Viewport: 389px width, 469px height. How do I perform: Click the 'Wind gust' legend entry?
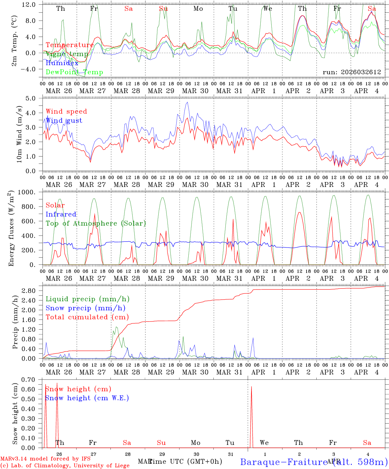pyautogui.click(x=64, y=121)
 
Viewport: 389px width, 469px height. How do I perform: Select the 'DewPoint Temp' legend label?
pyautogui.click(x=74, y=72)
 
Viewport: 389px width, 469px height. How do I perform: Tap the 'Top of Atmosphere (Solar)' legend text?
pyautogui.click(x=96, y=223)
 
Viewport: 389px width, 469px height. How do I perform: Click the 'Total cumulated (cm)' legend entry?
pyautogui.click(x=87, y=317)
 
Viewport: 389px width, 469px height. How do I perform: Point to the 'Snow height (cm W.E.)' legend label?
pyautogui.click(x=87, y=398)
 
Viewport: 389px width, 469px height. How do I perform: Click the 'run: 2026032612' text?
pyautogui.click(x=352, y=72)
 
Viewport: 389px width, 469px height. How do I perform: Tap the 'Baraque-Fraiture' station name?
pyautogui.click(x=283, y=462)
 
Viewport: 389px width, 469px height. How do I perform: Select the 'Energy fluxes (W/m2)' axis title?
pyautogui.click(x=12, y=228)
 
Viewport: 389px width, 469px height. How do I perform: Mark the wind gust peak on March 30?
pyautogui.click(x=187, y=102)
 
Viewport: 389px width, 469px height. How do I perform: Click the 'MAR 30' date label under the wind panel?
pyautogui.click(x=195, y=185)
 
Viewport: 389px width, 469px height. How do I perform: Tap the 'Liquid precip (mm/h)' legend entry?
pyautogui.click(x=88, y=299)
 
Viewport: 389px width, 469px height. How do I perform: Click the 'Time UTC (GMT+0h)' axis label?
pyautogui.click(x=185, y=462)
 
